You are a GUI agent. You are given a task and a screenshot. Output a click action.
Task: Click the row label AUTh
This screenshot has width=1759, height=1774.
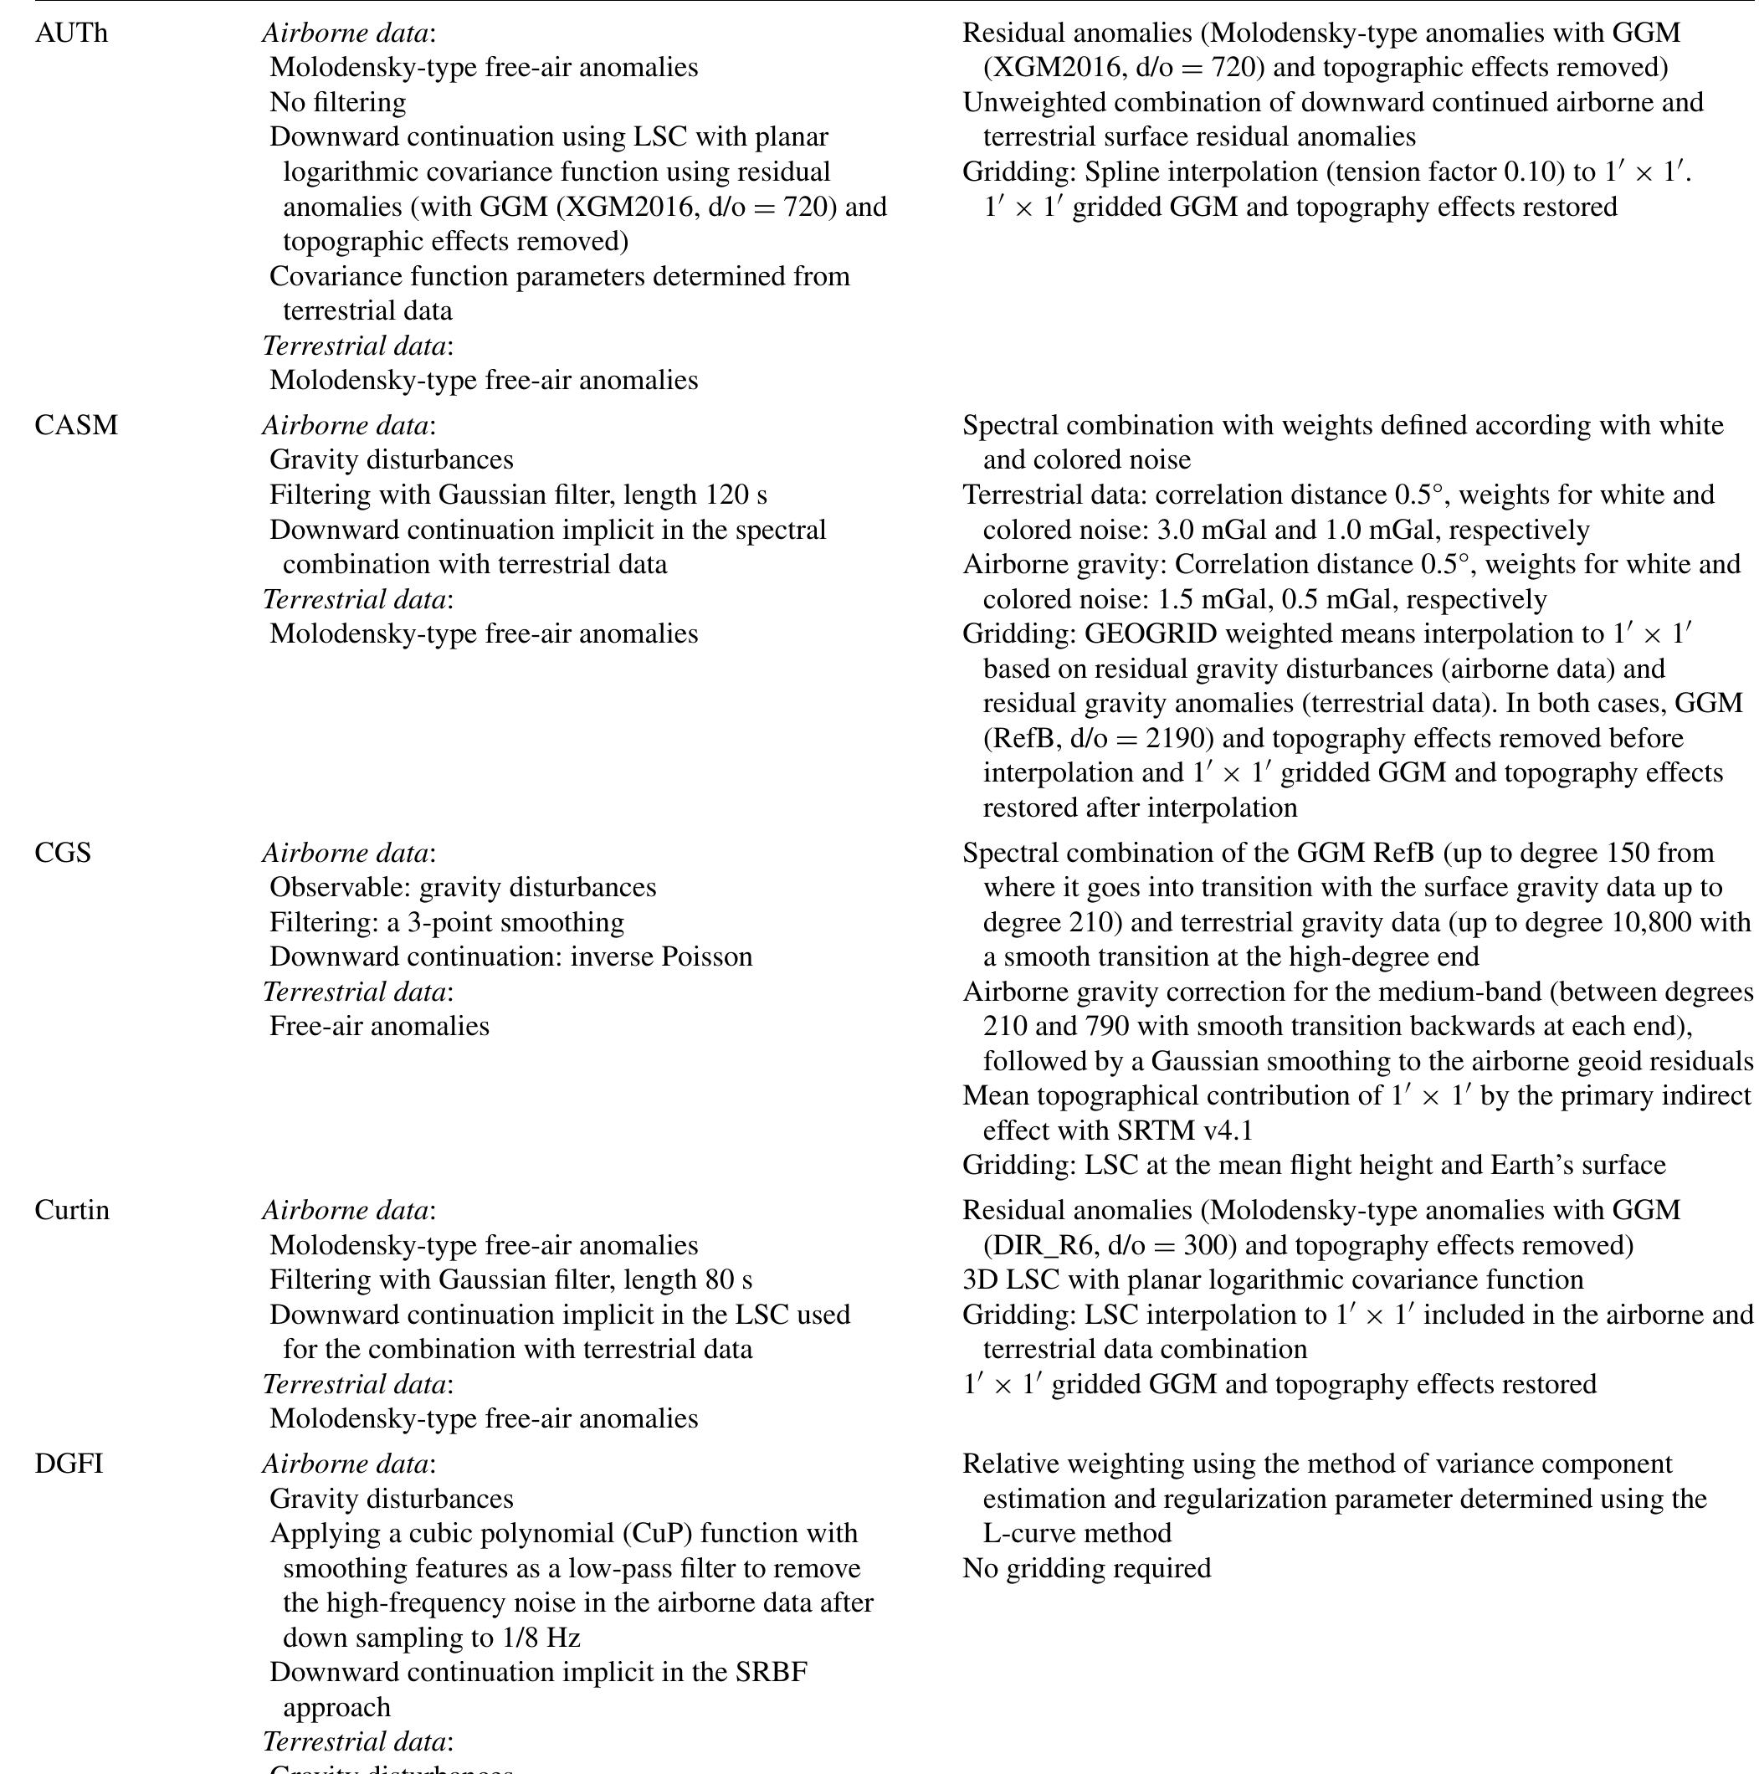click(x=70, y=33)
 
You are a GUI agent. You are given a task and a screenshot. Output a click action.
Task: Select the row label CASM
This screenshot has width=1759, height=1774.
click(x=76, y=425)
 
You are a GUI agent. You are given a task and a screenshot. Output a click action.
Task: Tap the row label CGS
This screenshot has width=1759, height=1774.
click(x=63, y=853)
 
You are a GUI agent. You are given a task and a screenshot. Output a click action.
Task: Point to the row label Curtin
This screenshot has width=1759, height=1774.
click(x=72, y=1210)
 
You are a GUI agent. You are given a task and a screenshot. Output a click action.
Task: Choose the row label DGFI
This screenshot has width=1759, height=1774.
click(x=69, y=1464)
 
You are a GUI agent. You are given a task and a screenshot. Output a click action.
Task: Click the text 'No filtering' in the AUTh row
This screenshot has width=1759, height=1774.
click(x=337, y=102)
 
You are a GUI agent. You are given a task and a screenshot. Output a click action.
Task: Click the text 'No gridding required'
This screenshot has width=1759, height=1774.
click(x=1086, y=1568)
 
